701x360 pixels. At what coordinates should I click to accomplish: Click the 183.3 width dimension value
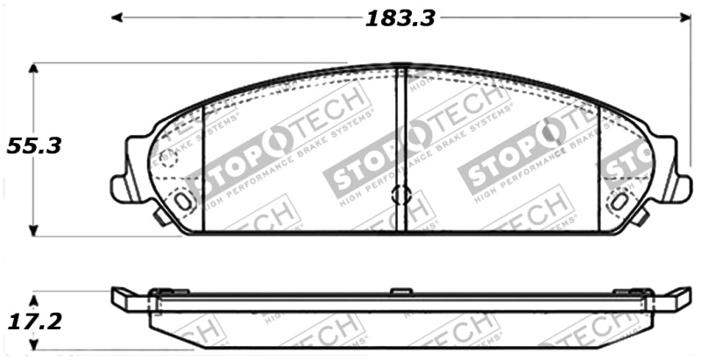click(x=400, y=18)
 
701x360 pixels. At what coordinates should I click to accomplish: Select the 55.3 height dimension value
click(x=33, y=146)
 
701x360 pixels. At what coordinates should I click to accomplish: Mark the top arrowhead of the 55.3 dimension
click(x=34, y=67)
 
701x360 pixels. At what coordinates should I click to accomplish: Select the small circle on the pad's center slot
click(x=401, y=194)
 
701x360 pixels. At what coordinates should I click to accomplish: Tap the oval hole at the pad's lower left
click(x=183, y=200)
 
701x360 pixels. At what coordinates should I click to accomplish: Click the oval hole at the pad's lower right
click(x=619, y=200)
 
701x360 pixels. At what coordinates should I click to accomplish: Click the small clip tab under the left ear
click(x=160, y=215)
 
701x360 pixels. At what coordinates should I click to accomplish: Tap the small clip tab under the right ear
click(x=641, y=215)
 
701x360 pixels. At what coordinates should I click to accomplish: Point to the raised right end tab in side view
click(x=675, y=298)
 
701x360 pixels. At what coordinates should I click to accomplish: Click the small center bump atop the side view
click(x=400, y=289)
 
